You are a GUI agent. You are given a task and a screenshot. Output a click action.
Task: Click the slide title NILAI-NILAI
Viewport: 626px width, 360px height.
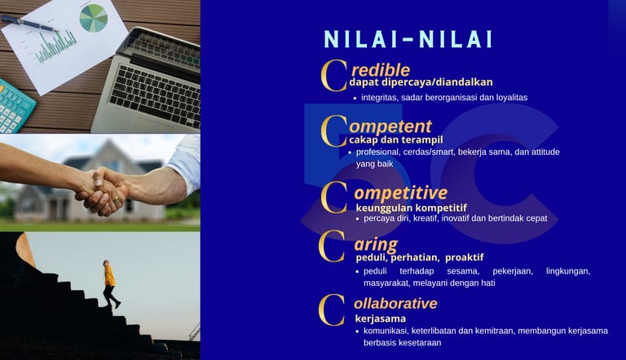click(x=408, y=39)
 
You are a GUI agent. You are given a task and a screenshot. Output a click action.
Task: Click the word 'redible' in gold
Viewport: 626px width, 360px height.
click(x=381, y=70)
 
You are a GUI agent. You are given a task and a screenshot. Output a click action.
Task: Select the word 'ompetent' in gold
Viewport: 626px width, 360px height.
click(x=390, y=127)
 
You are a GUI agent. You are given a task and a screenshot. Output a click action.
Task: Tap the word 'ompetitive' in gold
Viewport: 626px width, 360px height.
click(x=400, y=193)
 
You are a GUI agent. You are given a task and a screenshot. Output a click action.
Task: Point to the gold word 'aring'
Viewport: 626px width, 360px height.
click(x=376, y=244)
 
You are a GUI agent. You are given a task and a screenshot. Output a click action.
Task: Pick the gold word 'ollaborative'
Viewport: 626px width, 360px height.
click(x=395, y=303)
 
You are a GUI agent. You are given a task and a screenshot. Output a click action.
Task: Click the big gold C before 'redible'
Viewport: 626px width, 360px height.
click(x=333, y=75)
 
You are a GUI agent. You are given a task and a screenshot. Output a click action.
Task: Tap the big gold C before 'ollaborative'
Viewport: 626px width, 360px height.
click(x=332, y=310)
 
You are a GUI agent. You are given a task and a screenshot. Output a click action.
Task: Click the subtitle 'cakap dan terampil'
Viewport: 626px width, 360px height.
click(x=395, y=140)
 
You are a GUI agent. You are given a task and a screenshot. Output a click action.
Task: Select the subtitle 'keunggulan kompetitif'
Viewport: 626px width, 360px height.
click(x=411, y=208)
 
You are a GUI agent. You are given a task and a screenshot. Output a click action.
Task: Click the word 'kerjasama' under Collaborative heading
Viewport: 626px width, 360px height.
click(x=381, y=318)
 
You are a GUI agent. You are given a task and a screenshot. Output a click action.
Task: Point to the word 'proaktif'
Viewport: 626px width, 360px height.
click(x=465, y=257)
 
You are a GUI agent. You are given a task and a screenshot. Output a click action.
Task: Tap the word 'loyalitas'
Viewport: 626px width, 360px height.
click(x=511, y=98)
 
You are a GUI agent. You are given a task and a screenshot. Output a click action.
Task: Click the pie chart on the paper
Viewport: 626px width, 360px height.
click(x=94, y=18)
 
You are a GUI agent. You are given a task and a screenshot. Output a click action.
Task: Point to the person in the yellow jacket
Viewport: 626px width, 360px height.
click(x=109, y=283)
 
